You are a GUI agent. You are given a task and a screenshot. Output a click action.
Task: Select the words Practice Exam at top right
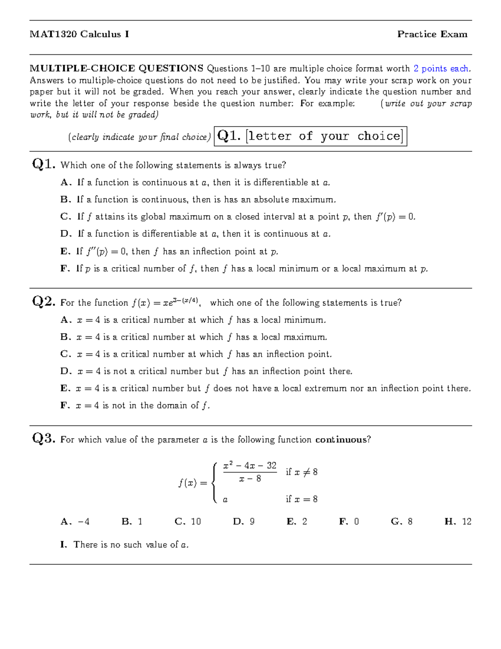tap(432, 34)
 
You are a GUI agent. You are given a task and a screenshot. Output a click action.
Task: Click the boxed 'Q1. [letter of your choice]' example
tap(310, 136)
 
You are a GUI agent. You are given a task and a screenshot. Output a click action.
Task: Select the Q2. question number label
tap(43, 301)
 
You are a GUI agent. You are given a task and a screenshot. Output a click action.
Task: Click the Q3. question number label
tap(43, 438)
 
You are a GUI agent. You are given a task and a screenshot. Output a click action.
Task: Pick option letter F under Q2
tap(65, 405)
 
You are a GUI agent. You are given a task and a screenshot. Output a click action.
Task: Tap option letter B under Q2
tap(66, 337)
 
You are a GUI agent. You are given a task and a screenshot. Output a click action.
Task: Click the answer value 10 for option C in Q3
tap(196, 522)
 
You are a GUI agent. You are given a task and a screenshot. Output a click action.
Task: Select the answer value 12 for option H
tap(466, 522)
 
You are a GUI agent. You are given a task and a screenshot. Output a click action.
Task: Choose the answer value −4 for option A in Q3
tap(83, 522)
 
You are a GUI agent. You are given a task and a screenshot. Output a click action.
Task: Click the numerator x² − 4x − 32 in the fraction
tap(250, 466)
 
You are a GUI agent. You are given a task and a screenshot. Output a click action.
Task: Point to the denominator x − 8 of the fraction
tap(250, 479)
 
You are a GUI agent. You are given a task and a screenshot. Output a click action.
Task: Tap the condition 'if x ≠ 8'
tap(301, 472)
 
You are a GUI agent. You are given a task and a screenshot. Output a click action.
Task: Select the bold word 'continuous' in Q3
tap(341, 440)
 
